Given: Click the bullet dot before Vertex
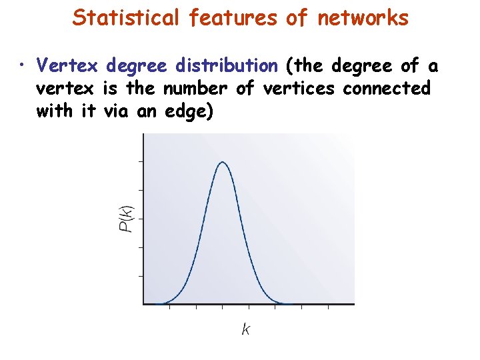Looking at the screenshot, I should [x=23, y=66].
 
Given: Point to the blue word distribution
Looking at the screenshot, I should [x=227, y=65].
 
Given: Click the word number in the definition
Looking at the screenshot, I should [x=197, y=88].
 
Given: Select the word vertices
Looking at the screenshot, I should [x=295, y=88].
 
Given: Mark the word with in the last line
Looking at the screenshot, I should [x=55, y=111].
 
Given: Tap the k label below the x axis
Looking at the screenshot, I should [x=246, y=329].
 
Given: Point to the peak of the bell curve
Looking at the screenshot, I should [x=223, y=163].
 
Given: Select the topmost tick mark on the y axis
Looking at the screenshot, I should [x=140, y=161].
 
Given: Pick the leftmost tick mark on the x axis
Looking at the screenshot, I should [x=169, y=307].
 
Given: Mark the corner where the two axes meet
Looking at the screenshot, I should [x=143, y=305].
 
